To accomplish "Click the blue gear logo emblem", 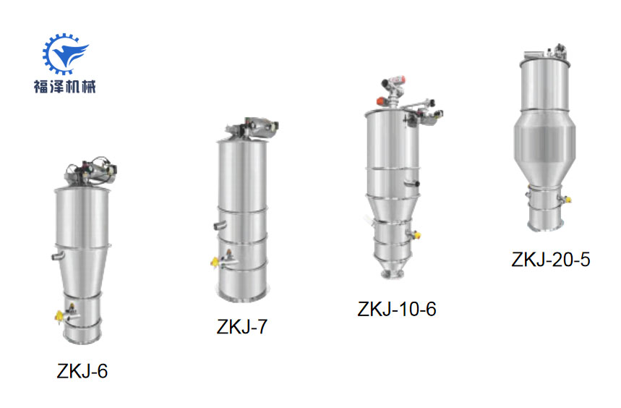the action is [x=65, y=54].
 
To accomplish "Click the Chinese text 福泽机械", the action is [x=65, y=86].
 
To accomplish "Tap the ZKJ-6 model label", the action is [x=82, y=372].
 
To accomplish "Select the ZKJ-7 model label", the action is [x=242, y=327].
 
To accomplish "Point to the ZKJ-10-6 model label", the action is [x=397, y=310].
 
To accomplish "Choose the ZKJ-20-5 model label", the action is [x=551, y=260].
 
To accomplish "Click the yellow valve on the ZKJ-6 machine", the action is [x=59, y=317].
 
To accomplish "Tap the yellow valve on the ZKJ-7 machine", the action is [x=215, y=262].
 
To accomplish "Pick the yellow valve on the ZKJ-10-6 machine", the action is [x=416, y=235].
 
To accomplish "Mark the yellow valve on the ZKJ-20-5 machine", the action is [x=568, y=199].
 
